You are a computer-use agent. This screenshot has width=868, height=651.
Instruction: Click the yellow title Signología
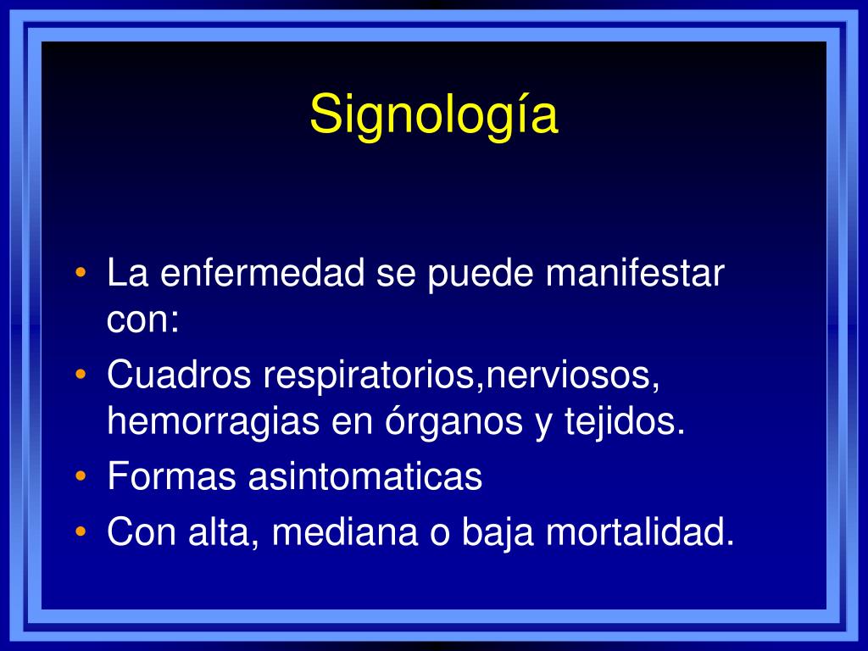tap(433, 115)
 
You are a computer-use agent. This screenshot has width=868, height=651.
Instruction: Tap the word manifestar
tap(634, 272)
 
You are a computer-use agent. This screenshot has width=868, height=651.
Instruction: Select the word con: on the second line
tap(142, 320)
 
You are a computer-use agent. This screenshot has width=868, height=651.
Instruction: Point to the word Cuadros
tap(179, 375)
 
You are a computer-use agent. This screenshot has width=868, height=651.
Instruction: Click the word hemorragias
tap(213, 422)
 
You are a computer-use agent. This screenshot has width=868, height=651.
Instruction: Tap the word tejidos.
tap(625, 422)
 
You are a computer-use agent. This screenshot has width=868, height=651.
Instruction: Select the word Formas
tap(171, 476)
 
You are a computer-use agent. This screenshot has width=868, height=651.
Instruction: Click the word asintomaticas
tap(364, 476)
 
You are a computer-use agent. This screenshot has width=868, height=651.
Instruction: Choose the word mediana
tap(344, 532)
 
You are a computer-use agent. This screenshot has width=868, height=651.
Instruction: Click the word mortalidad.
tap(639, 532)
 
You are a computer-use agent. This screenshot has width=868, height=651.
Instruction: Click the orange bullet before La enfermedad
tap(81, 272)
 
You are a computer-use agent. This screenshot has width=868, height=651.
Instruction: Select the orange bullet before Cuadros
tap(81, 375)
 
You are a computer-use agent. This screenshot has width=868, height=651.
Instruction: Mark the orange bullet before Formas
tap(81, 476)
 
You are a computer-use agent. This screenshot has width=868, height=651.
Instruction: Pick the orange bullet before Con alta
tap(81, 532)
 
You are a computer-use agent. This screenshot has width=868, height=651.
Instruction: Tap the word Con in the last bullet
tap(142, 532)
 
